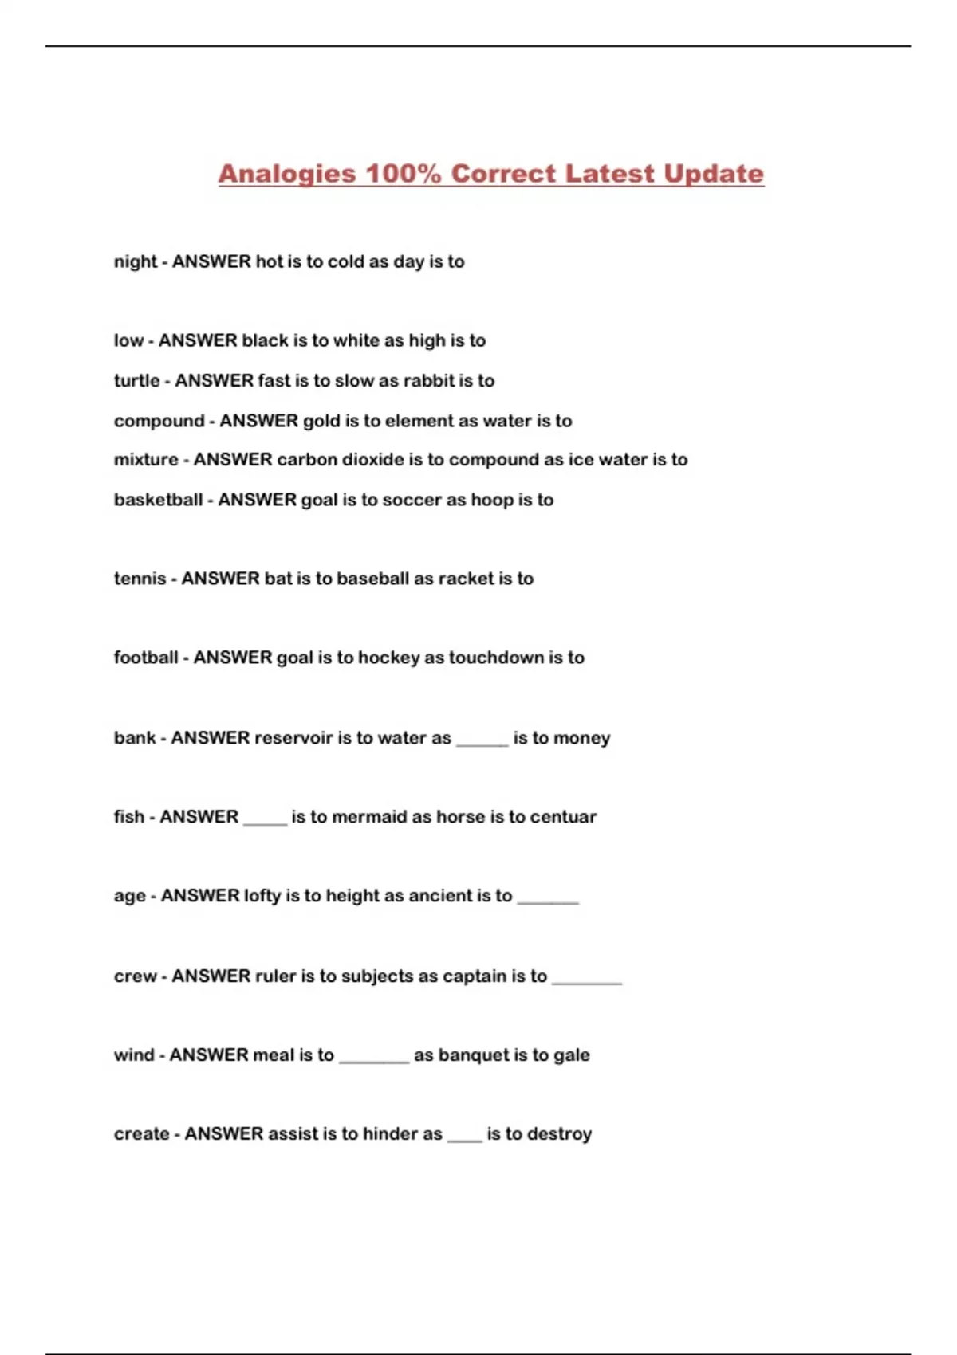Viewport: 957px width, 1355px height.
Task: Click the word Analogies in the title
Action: tap(286, 174)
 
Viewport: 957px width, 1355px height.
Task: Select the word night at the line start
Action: tap(136, 262)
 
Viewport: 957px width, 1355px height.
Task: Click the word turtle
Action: tap(136, 381)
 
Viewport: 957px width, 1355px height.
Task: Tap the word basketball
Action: tap(158, 500)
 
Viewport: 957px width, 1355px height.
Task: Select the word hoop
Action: tap(492, 500)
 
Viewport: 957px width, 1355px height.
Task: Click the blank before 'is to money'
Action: tap(482, 741)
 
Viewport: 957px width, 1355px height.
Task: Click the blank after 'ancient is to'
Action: tap(548, 900)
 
